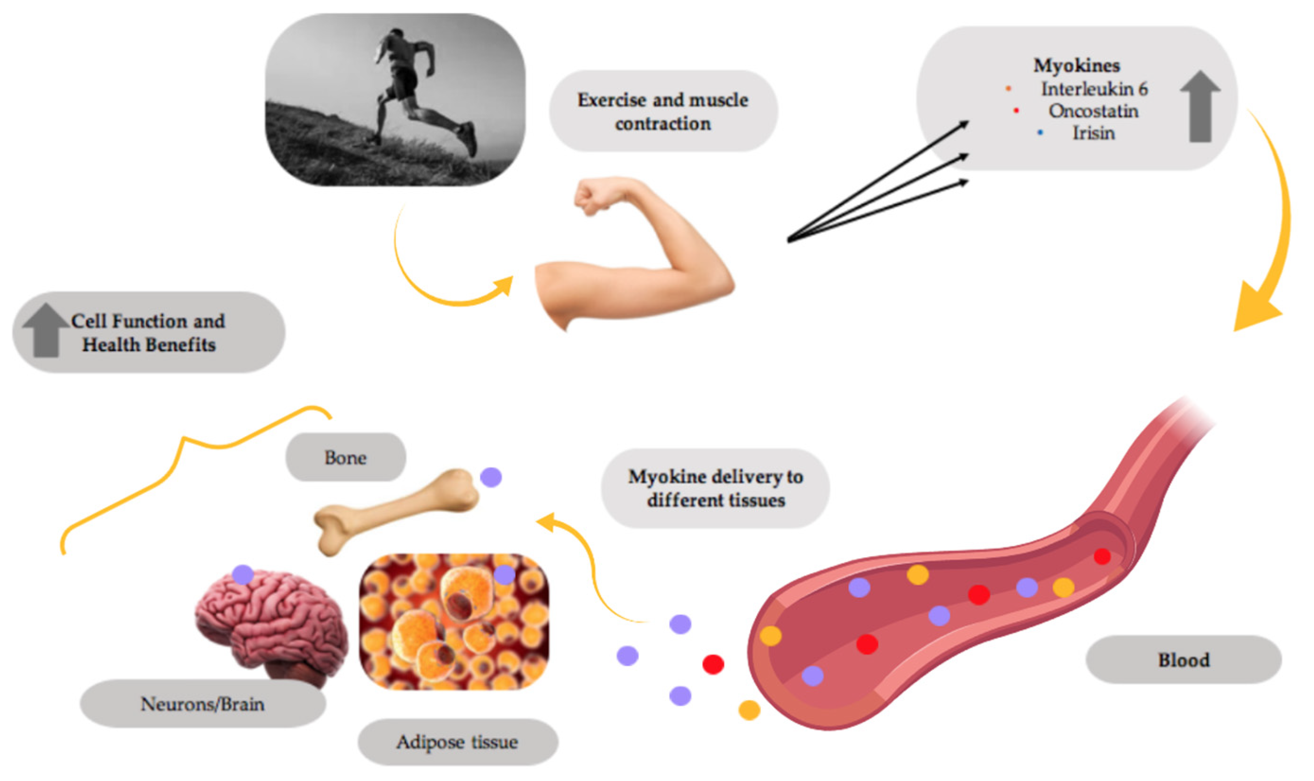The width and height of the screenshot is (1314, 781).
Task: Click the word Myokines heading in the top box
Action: point(1076,66)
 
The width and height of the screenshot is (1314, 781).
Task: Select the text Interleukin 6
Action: point(1094,89)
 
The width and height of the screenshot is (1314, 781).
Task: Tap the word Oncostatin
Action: point(1093,111)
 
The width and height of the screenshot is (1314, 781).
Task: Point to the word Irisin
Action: point(1093,133)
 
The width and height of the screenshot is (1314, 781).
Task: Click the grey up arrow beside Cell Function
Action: point(45,330)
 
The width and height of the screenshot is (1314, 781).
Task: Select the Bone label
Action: point(345,457)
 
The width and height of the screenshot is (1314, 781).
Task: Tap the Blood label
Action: point(1183,660)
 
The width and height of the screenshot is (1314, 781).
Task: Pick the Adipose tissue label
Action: point(457,742)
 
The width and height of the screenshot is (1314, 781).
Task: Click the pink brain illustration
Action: point(271,626)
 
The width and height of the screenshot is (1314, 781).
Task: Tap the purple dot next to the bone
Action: point(491,477)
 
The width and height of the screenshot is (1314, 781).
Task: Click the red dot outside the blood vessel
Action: point(713,664)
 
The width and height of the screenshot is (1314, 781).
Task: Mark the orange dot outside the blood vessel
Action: point(749,710)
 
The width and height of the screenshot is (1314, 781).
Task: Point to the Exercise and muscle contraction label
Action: point(663,112)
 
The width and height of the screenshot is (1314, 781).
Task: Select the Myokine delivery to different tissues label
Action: point(715,488)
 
